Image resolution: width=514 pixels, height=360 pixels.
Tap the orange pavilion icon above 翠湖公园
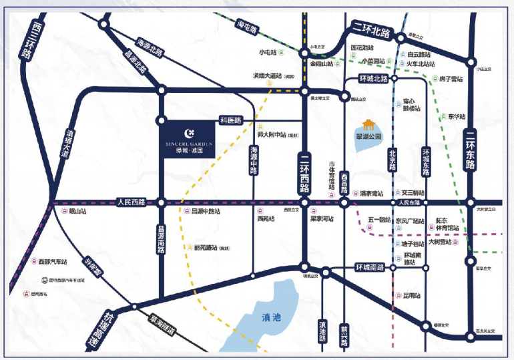(368, 124)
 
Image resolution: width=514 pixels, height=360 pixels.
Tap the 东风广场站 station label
(410, 220)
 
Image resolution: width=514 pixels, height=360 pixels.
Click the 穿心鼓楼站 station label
(413, 105)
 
